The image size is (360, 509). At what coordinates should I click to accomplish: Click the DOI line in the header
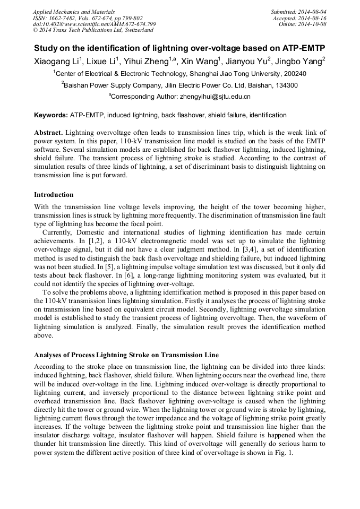point(94,24)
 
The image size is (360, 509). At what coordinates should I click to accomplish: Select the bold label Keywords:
point(50,115)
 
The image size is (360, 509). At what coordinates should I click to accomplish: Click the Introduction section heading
point(54,195)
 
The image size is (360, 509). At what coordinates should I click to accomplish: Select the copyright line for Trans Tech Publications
point(93,30)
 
